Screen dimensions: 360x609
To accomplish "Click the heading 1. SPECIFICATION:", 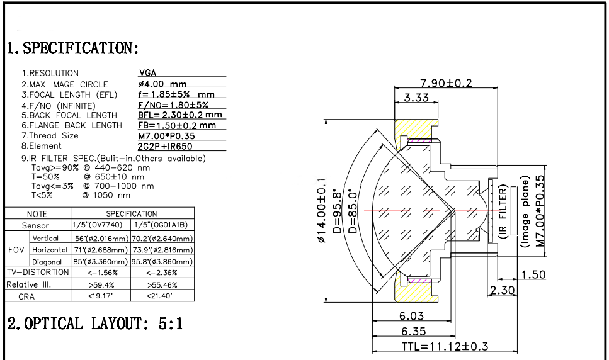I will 72,48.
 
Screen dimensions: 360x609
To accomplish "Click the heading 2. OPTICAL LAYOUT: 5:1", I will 95,323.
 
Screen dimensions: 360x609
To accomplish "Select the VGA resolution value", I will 147,73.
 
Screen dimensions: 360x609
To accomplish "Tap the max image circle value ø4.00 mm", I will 162,84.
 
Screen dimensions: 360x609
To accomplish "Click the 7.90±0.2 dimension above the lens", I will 446,83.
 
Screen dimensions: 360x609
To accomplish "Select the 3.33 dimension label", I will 416,98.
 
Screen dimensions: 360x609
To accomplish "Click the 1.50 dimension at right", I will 533,274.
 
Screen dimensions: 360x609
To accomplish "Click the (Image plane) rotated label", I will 525,215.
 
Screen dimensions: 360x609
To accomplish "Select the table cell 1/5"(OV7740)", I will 101,225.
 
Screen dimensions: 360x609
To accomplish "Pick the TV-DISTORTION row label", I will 38,273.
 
